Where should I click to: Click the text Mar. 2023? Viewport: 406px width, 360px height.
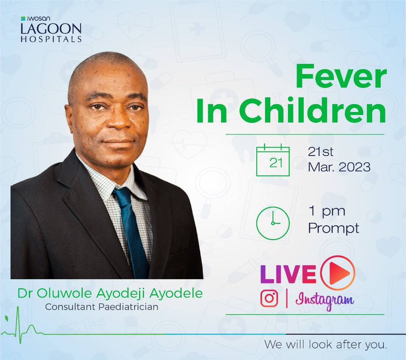(339, 167)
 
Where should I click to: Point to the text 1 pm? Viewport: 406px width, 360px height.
(327, 211)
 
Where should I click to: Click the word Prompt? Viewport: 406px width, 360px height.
(333, 228)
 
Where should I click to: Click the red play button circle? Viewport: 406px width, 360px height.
(337, 273)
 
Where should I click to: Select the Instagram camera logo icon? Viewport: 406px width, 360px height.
(269, 298)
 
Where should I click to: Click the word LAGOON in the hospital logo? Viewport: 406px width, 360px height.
(52, 29)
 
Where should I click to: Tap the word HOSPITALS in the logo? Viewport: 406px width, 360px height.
(52, 39)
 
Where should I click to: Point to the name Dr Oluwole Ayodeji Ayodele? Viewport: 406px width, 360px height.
(109, 294)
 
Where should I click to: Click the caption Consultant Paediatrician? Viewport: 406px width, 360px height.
(101, 306)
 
